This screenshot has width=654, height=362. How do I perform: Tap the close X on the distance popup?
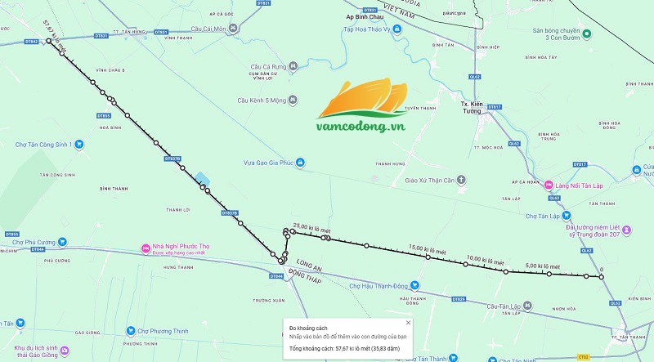point(408,323)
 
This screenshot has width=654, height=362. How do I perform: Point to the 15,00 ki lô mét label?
point(428,248)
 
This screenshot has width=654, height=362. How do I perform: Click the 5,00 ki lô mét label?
point(542,266)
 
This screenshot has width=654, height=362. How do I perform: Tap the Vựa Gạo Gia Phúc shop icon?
point(301,162)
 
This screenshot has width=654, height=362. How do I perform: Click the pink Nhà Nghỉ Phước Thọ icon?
point(136,247)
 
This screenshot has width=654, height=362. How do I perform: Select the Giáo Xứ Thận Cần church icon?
point(461,179)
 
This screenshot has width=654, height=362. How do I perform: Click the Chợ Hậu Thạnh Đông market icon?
point(414,286)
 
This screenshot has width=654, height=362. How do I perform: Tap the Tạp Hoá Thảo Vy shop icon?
point(396,29)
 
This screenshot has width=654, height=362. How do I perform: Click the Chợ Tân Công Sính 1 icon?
point(79,144)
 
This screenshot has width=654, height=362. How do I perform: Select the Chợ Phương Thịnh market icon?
point(131,331)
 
